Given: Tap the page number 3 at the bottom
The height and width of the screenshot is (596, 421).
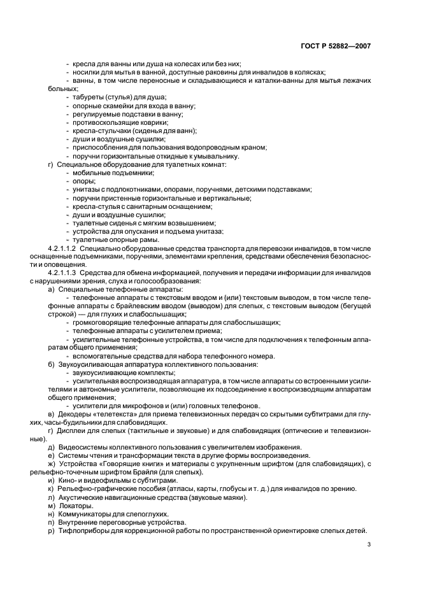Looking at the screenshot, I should click(x=369, y=544).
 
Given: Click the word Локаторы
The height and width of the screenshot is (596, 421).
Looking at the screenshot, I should click(x=76, y=505).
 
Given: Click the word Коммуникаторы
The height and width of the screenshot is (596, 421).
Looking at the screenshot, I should click(x=85, y=513).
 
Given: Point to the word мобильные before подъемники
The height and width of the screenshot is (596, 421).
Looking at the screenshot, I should click(x=90, y=173).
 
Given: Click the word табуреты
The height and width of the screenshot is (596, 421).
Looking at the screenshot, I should click(x=89, y=97).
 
